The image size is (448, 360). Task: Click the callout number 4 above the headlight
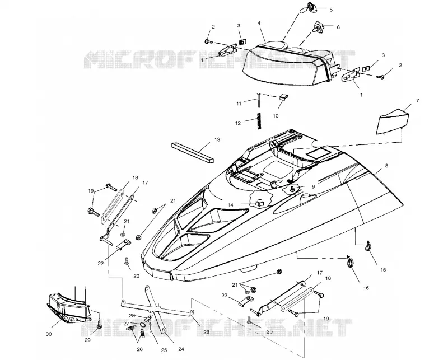tap(259, 22)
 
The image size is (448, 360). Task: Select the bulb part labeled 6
tap(317, 27)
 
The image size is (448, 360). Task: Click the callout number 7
tap(417, 101)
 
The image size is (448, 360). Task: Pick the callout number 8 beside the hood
tap(386, 166)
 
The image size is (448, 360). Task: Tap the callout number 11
tap(239, 104)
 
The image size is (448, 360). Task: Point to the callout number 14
tap(231, 205)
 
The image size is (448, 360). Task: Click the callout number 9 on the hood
tap(313, 186)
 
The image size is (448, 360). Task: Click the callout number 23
tap(206, 332)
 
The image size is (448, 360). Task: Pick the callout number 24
tap(181, 349)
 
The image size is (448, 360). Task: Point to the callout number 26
tap(139, 349)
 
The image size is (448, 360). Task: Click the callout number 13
tap(217, 139)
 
